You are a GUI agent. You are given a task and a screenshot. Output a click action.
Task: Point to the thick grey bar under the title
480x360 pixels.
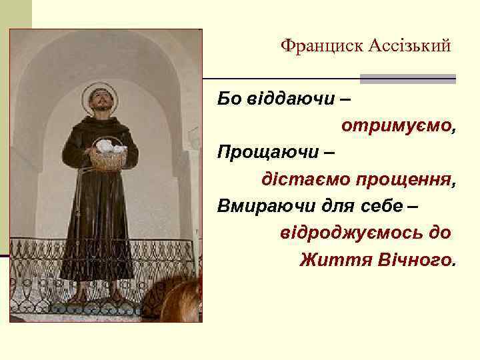(407, 79)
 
